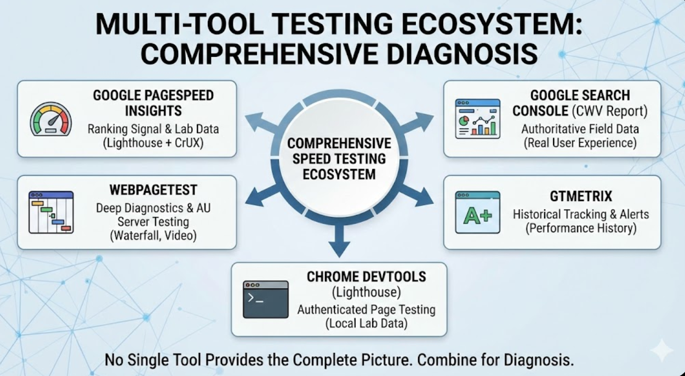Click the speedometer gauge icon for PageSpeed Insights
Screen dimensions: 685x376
tap(50, 119)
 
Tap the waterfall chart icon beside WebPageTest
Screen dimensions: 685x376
tap(51, 212)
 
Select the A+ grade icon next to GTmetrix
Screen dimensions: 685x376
tap(477, 212)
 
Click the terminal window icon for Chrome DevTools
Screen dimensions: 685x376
tap(266, 300)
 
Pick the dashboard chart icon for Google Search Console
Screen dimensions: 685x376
tap(477, 119)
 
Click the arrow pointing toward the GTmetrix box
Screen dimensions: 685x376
tap(417, 195)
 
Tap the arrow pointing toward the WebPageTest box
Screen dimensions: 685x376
tap(261, 195)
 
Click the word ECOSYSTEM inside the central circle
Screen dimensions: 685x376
tap(340, 175)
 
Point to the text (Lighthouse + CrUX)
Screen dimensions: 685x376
tap(153, 144)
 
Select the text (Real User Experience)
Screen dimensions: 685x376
tap(580, 143)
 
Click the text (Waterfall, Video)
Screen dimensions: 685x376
tap(153, 236)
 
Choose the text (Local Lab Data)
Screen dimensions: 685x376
tap(366, 323)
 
